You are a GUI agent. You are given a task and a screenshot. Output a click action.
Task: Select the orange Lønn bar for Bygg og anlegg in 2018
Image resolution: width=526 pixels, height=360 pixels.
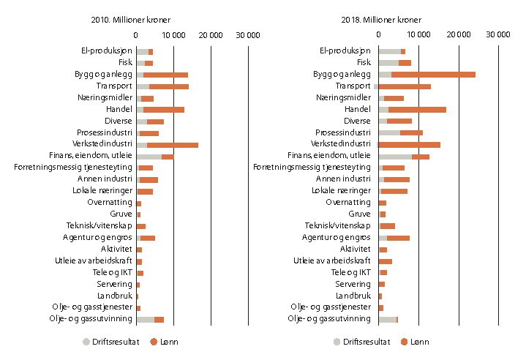click(x=433, y=75)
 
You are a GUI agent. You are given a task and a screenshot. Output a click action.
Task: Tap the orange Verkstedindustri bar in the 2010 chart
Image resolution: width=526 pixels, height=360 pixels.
click(x=173, y=145)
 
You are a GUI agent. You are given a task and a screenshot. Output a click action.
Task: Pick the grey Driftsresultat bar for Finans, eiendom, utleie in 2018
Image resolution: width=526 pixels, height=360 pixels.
click(x=395, y=156)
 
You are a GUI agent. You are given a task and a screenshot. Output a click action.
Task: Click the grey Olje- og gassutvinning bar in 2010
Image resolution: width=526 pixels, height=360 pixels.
click(x=145, y=319)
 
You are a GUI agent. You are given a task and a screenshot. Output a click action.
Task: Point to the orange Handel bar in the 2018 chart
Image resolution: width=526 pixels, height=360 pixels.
click(x=417, y=110)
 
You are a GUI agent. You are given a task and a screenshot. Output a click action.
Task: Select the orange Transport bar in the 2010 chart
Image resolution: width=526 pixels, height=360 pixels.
click(x=169, y=86)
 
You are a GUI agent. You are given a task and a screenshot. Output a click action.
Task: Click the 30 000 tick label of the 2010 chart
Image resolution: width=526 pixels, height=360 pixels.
click(x=249, y=34)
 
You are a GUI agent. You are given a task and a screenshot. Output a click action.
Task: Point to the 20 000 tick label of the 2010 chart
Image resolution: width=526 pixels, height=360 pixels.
click(x=211, y=34)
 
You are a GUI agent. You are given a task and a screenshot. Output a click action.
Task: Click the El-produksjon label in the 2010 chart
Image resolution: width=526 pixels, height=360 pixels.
click(x=107, y=51)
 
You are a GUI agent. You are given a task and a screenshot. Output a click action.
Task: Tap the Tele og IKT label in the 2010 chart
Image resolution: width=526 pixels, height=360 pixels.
click(x=113, y=272)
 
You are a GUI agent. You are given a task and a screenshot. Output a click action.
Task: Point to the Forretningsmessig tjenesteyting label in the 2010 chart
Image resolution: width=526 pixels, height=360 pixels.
click(x=73, y=168)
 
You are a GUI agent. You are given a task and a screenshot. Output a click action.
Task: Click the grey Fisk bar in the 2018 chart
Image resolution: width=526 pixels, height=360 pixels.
click(x=388, y=63)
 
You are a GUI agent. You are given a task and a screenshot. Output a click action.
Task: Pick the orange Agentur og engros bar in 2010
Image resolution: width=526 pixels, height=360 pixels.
click(x=148, y=238)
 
